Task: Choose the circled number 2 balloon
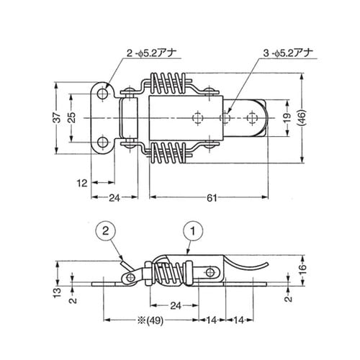105,232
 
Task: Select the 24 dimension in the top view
112,197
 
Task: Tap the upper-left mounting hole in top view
106,94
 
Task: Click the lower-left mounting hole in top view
106,142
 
